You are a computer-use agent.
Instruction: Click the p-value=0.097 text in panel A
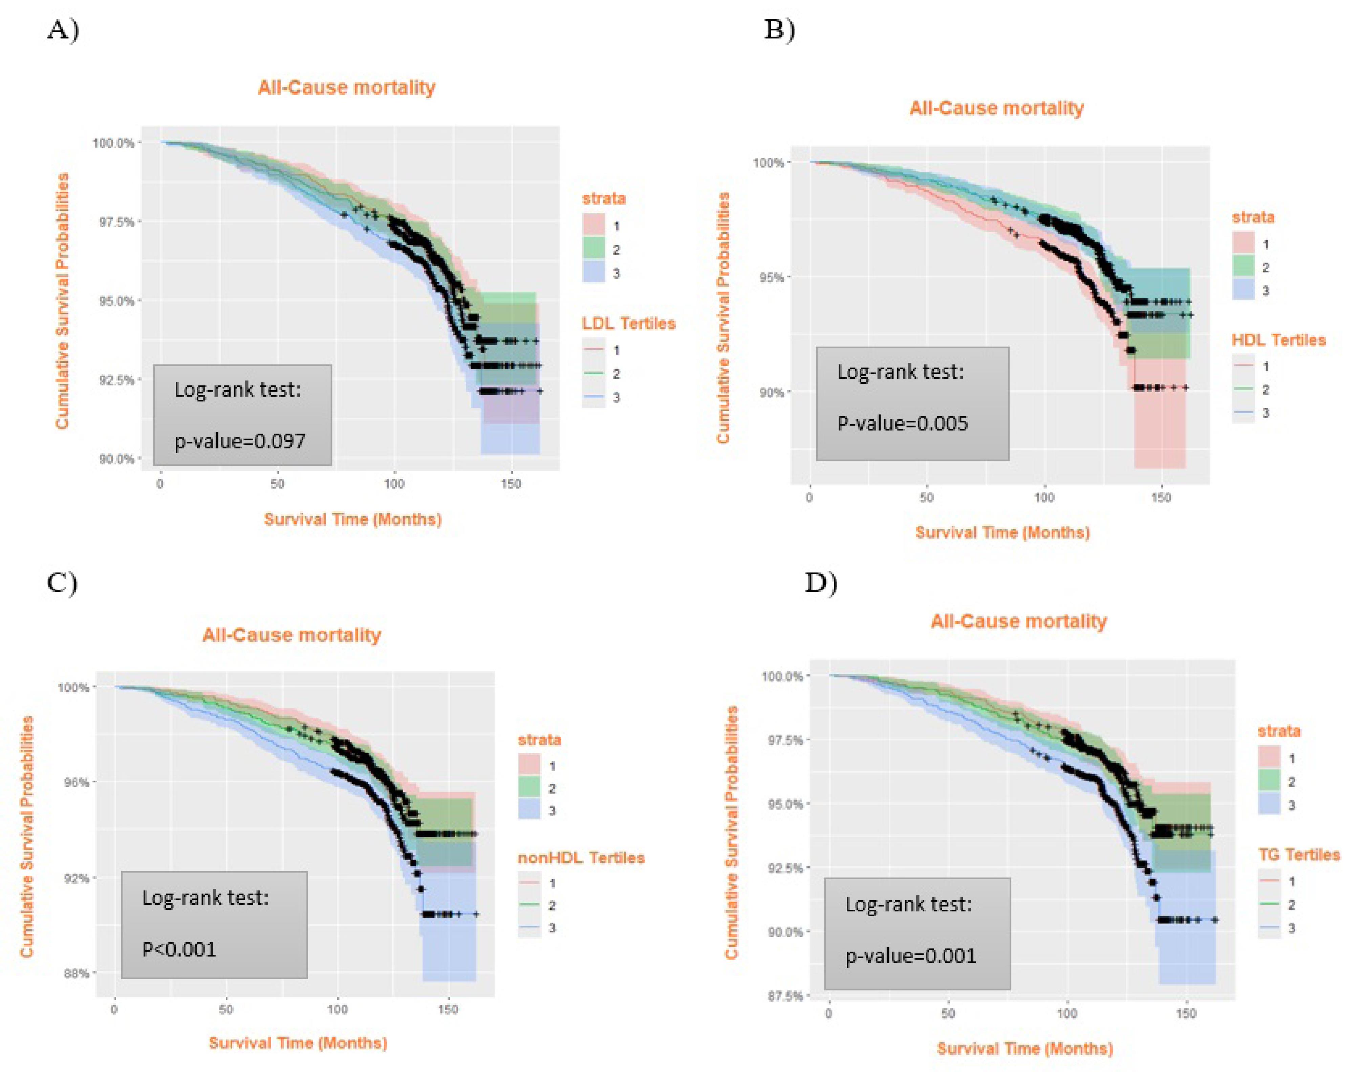pos(240,441)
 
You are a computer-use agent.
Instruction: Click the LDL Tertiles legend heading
pos(629,323)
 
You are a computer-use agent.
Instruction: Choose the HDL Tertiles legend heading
pos(1279,340)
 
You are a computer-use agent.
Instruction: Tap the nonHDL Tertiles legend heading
pos(581,857)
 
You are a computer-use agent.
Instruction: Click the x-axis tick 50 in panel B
pos(926,498)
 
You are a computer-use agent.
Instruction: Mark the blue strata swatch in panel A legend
pos(594,272)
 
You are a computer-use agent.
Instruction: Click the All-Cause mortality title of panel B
pos(996,108)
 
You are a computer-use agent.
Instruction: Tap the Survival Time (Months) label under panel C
pos(298,1043)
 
